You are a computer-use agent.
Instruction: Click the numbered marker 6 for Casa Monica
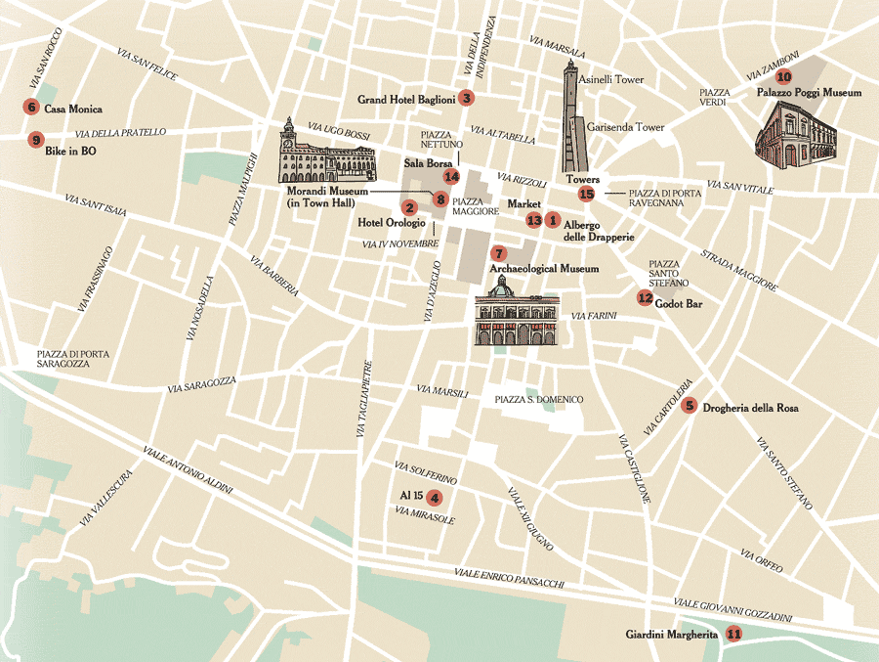click(32, 109)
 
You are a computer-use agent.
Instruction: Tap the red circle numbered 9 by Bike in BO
click(36, 140)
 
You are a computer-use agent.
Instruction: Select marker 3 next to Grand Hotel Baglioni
click(467, 98)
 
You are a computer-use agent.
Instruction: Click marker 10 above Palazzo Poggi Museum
click(784, 76)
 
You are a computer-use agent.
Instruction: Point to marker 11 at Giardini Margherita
click(733, 634)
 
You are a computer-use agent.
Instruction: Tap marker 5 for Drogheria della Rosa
click(690, 406)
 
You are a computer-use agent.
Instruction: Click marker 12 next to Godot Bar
click(645, 298)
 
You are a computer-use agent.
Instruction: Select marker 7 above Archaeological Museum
click(498, 252)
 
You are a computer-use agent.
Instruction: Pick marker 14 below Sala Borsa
click(450, 177)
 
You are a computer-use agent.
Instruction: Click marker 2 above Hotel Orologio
click(409, 207)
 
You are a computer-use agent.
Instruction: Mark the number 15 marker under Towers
click(586, 195)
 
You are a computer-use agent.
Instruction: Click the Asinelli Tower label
click(611, 79)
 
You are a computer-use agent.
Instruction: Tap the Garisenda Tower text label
click(625, 127)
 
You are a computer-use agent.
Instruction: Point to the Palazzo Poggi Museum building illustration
click(797, 137)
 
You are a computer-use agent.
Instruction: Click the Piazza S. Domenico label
click(538, 399)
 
